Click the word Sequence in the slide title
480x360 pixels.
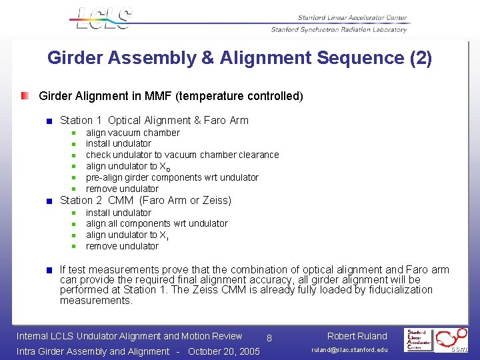(x=353, y=58)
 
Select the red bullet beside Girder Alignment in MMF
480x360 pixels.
(x=25, y=96)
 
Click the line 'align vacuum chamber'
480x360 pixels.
(x=133, y=133)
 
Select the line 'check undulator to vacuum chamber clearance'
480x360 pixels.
(x=182, y=155)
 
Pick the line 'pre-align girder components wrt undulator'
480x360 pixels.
(x=172, y=177)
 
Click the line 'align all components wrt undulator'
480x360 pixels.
(x=157, y=223)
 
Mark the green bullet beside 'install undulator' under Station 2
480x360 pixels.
(x=75, y=213)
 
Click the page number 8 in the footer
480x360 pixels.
(x=269, y=338)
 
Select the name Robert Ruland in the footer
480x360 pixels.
(x=357, y=336)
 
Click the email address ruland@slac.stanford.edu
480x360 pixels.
(x=349, y=350)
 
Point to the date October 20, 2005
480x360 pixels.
(x=224, y=351)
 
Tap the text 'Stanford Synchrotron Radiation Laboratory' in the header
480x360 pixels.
(x=339, y=29)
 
